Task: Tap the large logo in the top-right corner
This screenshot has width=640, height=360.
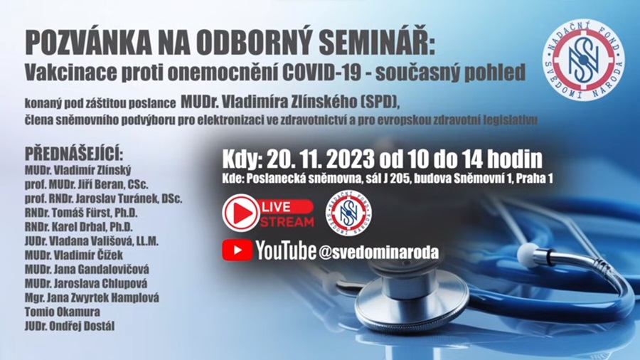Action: click(x=584, y=60)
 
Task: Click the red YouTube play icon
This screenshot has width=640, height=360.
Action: click(x=237, y=250)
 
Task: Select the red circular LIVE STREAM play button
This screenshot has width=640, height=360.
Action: click(x=241, y=213)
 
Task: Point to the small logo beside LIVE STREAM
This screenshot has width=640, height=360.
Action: click(x=348, y=213)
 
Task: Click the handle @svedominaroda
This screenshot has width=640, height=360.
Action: click(x=379, y=253)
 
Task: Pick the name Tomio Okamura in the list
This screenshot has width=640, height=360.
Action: click(x=63, y=312)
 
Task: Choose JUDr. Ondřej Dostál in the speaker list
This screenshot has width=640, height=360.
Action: click(x=70, y=326)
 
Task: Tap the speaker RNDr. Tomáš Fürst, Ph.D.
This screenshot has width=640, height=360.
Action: click(x=81, y=213)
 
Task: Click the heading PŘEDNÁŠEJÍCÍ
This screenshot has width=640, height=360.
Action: click(x=74, y=154)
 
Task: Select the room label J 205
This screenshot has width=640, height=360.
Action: click(x=396, y=179)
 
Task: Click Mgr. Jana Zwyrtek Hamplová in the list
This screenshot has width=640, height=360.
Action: click(x=92, y=297)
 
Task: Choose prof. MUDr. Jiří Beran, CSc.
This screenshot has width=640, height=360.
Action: click(x=87, y=184)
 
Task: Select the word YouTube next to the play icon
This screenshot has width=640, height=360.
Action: click(x=286, y=250)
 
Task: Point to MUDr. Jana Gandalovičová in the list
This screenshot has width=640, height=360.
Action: click(x=87, y=270)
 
